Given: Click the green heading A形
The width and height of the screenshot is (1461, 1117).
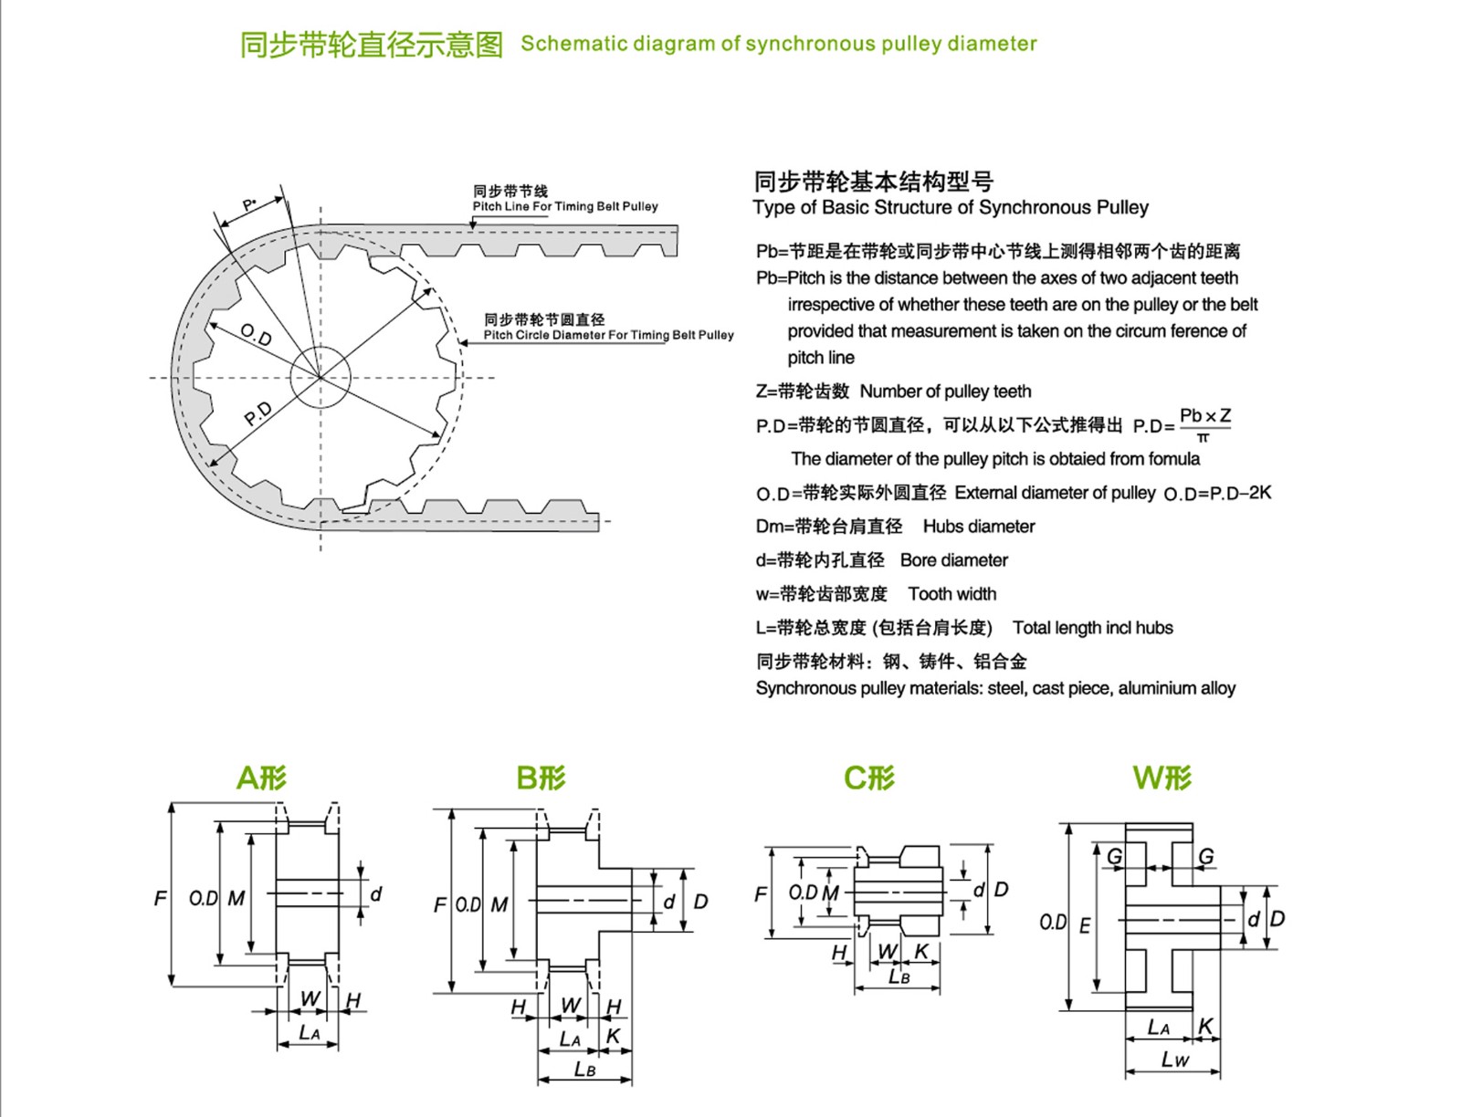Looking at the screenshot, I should [261, 778].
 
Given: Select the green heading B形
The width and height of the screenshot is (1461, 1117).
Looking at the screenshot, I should [541, 778].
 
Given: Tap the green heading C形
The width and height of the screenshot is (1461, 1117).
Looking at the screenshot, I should [868, 778].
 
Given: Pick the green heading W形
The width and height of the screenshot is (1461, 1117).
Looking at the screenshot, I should [1161, 778].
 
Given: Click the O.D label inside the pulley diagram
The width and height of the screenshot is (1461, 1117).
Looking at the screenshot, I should [257, 335].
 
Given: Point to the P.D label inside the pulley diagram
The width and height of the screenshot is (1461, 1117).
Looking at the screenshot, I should [258, 414].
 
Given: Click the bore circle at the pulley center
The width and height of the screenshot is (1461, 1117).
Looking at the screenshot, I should [321, 377].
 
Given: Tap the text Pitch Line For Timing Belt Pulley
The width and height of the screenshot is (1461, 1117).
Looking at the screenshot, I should [565, 206].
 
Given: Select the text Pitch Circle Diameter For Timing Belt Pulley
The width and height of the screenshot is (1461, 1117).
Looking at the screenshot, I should [608, 335].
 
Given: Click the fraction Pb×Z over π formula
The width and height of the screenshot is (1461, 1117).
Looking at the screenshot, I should [1204, 425].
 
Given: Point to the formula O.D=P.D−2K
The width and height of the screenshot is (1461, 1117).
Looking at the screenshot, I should [1217, 494].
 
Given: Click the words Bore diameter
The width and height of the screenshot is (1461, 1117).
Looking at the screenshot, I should [953, 560].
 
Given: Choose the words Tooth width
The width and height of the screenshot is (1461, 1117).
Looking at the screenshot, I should [951, 594].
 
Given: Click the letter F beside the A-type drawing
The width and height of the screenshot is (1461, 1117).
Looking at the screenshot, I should [160, 899].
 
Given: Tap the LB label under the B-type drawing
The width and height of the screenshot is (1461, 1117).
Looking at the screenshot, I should [585, 1069].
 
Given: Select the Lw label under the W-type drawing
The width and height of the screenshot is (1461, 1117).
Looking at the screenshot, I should [1175, 1060].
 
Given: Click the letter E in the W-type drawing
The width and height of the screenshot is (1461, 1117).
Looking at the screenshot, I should [1085, 926].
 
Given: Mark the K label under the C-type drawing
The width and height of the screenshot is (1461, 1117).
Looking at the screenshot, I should [921, 952].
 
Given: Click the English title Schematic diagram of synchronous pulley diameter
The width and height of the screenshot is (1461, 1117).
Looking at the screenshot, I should [778, 44].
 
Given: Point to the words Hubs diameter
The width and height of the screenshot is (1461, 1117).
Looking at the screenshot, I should [978, 527].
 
